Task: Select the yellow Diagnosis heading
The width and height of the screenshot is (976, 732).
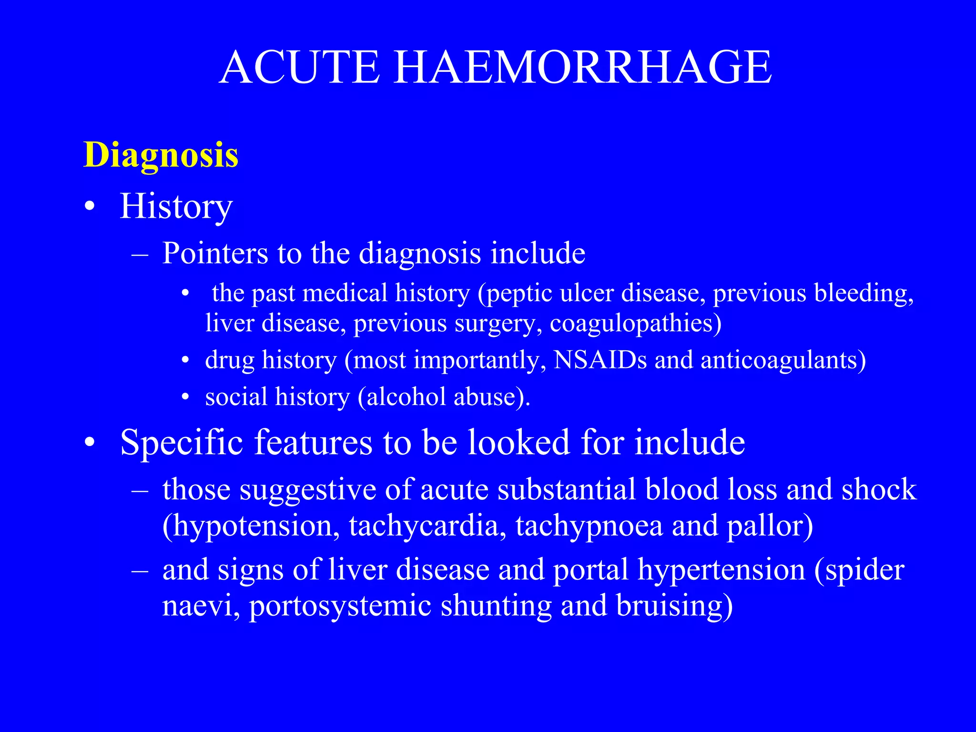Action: [x=161, y=155]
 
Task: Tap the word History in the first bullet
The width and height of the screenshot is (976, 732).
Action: [x=176, y=206]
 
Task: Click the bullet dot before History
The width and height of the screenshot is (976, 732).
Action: [x=89, y=208]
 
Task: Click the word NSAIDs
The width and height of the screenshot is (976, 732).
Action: [x=600, y=360]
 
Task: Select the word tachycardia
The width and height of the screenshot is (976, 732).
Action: [x=427, y=526]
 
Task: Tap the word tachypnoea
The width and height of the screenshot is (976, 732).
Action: [x=589, y=526]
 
